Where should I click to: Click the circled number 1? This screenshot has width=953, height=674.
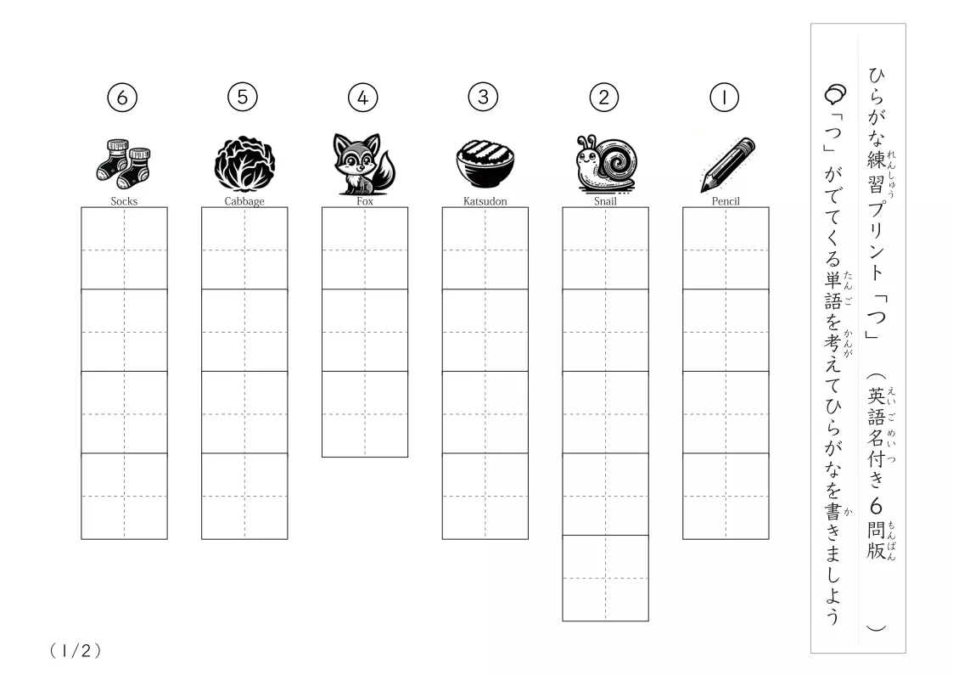point(724,98)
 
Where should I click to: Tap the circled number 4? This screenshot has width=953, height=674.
point(363,98)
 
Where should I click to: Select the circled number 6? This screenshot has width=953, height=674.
point(122,98)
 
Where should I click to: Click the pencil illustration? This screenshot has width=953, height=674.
point(727,164)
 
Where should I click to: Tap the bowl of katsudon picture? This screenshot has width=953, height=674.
point(485,164)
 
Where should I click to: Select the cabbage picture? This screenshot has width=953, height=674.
point(244,164)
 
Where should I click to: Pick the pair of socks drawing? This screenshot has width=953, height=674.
point(123,164)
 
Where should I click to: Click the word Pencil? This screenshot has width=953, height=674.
point(726,201)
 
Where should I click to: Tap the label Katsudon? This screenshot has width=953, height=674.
point(485,201)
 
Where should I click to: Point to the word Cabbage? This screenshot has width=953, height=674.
point(244,201)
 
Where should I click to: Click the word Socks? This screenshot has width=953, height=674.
point(124,201)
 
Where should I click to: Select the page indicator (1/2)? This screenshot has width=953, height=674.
point(76,651)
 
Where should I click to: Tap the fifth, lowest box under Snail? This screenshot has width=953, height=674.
point(605,578)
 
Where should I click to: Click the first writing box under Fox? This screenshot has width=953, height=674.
point(365,249)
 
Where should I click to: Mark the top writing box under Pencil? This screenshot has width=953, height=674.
point(726,249)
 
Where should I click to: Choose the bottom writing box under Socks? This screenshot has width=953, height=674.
point(124,496)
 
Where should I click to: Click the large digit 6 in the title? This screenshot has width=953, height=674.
point(876,506)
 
